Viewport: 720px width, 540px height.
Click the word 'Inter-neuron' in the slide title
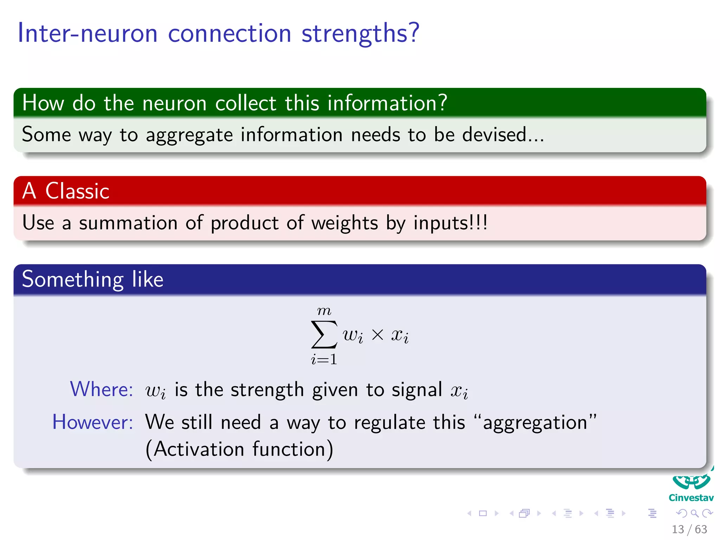(88, 33)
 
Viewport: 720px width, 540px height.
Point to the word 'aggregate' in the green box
(189, 135)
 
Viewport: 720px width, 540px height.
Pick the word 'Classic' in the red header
(77, 191)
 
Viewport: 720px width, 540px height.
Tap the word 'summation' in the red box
(128, 223)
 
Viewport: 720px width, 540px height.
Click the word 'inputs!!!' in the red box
(450, 223)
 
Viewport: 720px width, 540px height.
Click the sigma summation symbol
(324, 334)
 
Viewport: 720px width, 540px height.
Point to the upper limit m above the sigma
(324, 311)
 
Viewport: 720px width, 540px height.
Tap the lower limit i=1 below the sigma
(324, 359)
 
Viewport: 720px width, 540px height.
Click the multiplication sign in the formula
(377, 335)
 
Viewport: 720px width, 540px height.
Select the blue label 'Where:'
(102, 389)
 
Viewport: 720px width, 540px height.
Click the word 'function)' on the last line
(292, 449)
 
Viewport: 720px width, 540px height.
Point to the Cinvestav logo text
(691, 498)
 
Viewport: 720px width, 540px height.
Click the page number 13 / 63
(689, 529)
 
